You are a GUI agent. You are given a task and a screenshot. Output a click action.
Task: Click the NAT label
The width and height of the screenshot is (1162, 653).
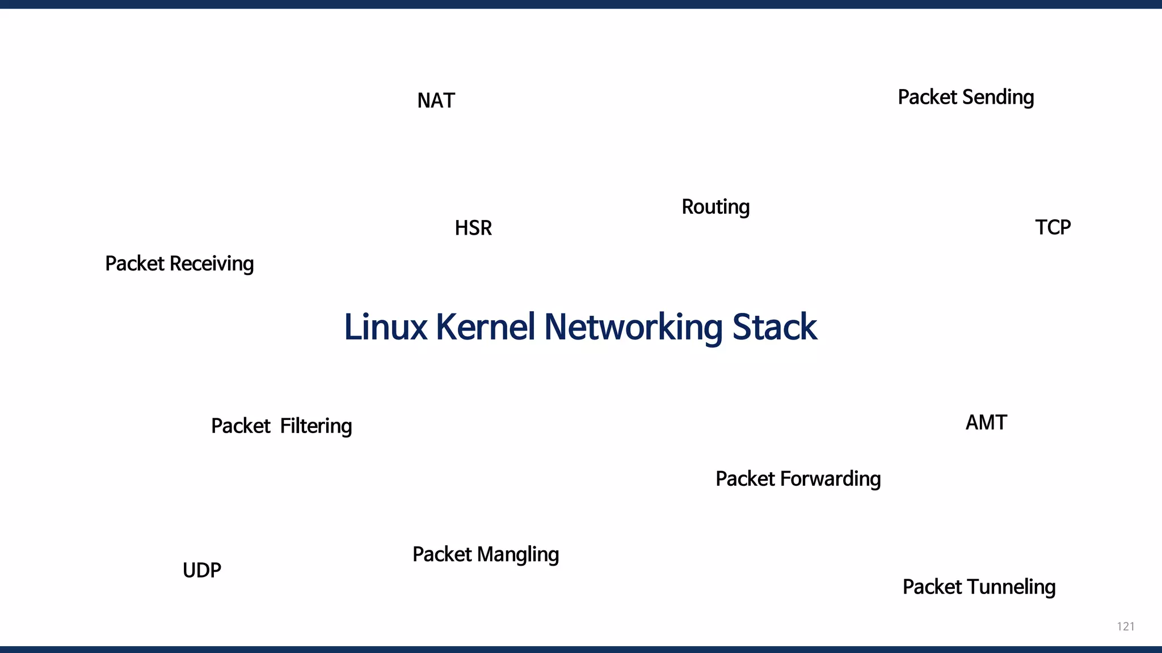[x=436, y=101]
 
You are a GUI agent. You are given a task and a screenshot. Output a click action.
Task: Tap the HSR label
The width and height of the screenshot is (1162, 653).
[x=473, y=228]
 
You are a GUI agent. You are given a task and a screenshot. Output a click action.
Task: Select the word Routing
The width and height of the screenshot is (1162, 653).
[x=715, y=207]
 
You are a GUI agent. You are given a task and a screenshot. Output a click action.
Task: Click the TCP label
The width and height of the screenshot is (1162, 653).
[x=1052, y=228]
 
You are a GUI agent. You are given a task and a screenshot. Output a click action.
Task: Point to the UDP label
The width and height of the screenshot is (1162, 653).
[x=201, y=570]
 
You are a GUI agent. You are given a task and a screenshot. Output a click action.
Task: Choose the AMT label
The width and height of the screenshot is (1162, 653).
[x=986, y=423]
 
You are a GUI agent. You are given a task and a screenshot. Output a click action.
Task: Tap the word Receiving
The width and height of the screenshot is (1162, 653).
[x=212, y=264]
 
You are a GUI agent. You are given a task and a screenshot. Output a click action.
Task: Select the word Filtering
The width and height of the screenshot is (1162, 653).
[x=316, y=426]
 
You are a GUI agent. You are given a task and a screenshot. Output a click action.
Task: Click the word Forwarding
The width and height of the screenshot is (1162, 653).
[x=830, y=480]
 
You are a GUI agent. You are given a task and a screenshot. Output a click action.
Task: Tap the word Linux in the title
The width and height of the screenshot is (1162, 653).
[x=385, y=328]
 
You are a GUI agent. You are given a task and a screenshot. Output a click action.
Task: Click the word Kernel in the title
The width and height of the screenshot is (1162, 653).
[x=485, y=328]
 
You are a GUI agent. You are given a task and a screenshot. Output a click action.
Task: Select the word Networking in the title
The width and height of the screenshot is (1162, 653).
[x=633, y=328]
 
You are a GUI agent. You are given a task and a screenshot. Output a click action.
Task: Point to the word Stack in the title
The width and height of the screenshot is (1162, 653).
[x=774, y=328]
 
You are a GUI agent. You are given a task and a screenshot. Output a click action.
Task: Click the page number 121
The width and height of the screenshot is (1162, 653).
[x=1125, y=626]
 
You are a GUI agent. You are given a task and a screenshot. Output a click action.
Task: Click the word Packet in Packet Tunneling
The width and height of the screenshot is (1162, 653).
[x=932, y=587]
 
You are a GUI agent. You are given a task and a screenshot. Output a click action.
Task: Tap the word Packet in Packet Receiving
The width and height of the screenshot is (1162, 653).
[x=134, y=264]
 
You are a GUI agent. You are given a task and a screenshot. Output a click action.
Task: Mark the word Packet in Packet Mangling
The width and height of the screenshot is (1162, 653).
[x=442, y=555]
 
